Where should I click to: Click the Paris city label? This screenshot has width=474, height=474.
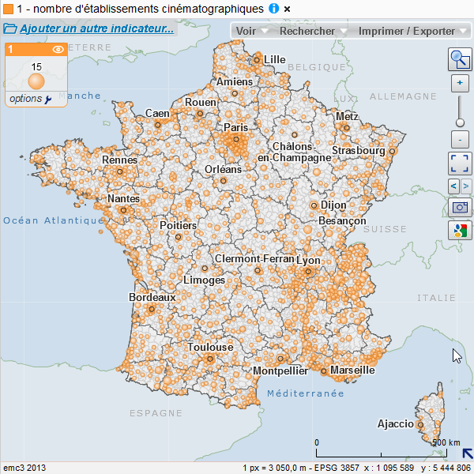pyautogui.click(x=235, y=127)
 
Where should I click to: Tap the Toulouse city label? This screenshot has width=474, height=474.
pyautogui.click(x=210, y=347)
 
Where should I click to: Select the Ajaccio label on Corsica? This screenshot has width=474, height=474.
pyautogui.click(x=395, y=423)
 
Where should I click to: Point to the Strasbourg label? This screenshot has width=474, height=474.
pyautogui.click(x=358, y=150)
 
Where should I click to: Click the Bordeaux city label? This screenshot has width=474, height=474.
pyautogui.click(x=152, y=297)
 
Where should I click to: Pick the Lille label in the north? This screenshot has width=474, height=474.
pyautogui.click(x=274, y=59)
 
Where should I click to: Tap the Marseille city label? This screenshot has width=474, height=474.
pyautogui.click(x=352, y=370)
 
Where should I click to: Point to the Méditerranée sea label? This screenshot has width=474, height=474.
pyautogui.click(x=305, y=393)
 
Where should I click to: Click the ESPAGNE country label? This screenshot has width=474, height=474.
pyautogui.click(x=156, y=412)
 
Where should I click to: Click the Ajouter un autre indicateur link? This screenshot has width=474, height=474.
pyautogui.click(x=96, y=28)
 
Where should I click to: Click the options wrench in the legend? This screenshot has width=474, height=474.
pyautogui.click(x=48, y=99)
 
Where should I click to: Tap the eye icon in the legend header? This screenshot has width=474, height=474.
pyautogui.click(x=58, y=49)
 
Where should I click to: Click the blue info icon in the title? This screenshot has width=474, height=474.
pyautogui.click(x=273, y=8)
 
